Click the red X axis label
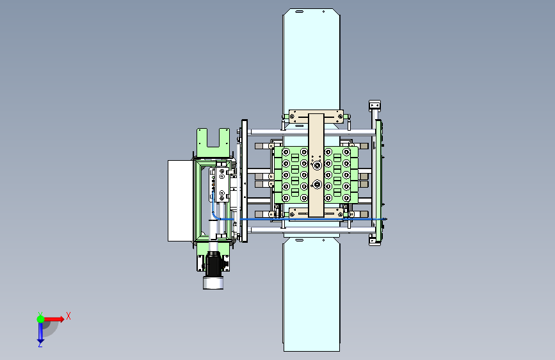68,316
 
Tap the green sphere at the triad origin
41,319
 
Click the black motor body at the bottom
213,264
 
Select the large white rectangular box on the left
181,201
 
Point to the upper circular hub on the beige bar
316,165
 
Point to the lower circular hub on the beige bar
316,184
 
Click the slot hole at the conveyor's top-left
299,12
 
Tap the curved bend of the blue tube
214,215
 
